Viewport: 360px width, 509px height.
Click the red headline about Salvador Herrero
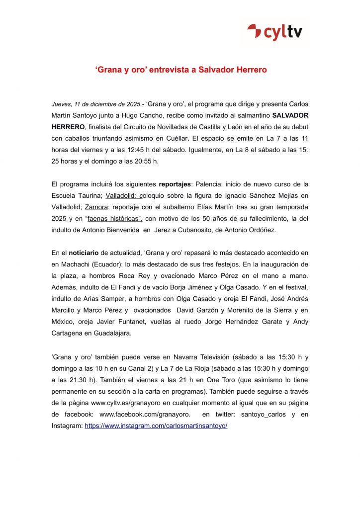pyautogui.click(x=180, y=70)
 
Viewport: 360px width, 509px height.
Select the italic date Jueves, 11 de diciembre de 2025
pyautogui.click(x=96, y=104)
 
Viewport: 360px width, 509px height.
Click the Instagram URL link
pyautogui.click(x=156, y=426)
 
